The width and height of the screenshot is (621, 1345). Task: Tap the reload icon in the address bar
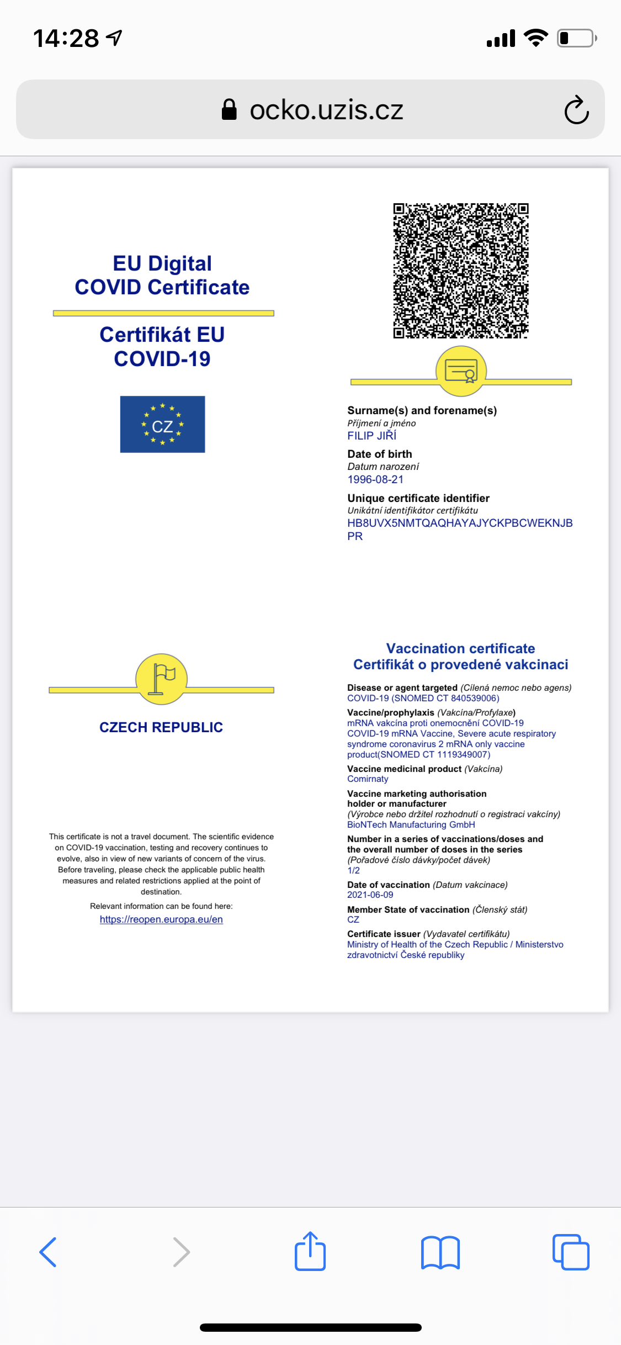[x=576, y=110]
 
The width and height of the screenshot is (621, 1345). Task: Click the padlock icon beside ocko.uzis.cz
[x=229, y=109]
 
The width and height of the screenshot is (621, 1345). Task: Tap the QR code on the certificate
[x=460, y=271]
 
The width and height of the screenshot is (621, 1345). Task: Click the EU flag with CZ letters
[x=162, y=424]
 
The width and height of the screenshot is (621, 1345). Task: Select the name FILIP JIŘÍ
[x=371, y=436]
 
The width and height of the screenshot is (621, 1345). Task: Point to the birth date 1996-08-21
[x=375, y=479]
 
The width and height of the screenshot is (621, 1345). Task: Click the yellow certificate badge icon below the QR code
[x=461, y=371]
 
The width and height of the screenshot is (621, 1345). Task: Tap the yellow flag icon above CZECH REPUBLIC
[x=162, y=679]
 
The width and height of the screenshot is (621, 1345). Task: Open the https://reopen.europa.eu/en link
[x=161, y=919]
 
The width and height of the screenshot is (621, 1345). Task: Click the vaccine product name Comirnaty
[x=368, y=779]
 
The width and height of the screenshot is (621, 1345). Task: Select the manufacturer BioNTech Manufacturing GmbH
[x=411, y=824]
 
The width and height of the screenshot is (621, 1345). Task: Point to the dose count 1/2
[x=353, y=870]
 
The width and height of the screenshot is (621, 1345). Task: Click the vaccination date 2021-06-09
[x=370, y=894]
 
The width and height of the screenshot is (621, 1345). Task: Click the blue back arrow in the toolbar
[x=48, y=1252]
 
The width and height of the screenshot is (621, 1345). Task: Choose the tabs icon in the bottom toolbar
[x=571, y=1252]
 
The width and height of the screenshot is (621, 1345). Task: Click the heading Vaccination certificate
[x=460, y=648]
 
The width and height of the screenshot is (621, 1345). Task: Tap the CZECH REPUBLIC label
[x=161, y=727]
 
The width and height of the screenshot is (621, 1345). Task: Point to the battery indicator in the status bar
[x=576, y=38]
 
